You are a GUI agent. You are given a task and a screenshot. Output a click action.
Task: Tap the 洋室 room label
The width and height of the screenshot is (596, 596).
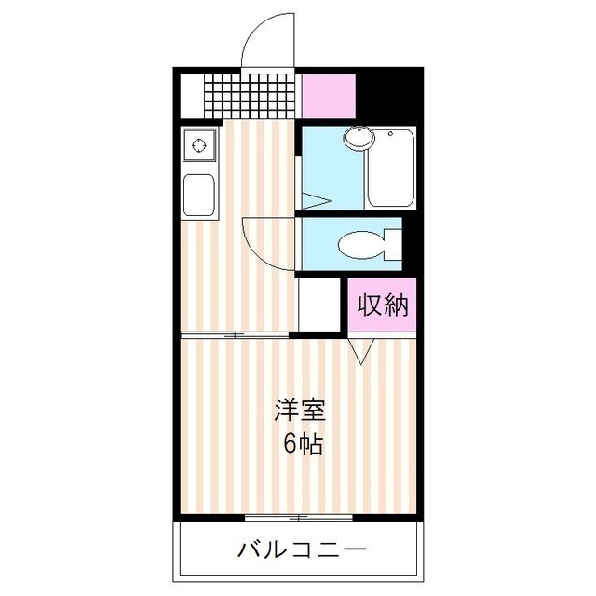[300, 410]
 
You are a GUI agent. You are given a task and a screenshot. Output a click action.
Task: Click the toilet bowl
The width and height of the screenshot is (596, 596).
[359, 246]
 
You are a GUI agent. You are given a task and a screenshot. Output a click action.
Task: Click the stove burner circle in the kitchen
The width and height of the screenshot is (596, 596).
[198, 144]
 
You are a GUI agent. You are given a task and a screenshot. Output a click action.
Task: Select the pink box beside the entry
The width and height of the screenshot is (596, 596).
[329, 93]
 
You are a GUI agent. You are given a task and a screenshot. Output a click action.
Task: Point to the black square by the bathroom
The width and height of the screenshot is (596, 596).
[387, 93]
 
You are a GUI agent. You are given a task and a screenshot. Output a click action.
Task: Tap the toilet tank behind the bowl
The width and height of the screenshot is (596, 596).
[392, 245]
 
